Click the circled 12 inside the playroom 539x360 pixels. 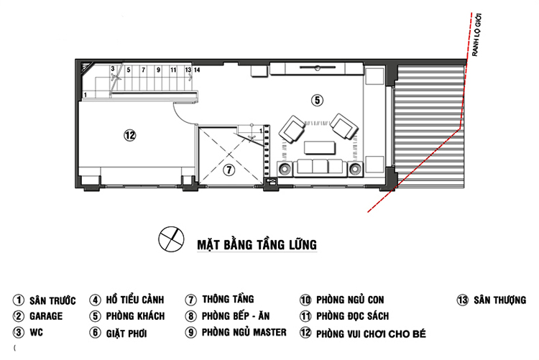tap(129, 135)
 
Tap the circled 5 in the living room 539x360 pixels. tap(317, 100)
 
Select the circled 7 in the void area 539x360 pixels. tap(229, 170)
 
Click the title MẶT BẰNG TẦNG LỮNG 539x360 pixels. tap(257, 245)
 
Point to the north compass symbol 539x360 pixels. tap(171, 239)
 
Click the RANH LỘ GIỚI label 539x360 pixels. tap(476, 34)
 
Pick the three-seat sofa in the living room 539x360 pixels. tap(320, 168)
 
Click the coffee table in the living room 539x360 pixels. tap(319, 147)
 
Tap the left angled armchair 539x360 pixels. tap(292, 129)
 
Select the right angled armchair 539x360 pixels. tap(344, 126)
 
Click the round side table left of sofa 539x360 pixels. tap(285, 169)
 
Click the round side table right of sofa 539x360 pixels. tap(356, 169)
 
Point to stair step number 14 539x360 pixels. tap(197, 70)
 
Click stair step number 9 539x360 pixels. tap(158, 70)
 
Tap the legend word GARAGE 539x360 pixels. tap(46, 316)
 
